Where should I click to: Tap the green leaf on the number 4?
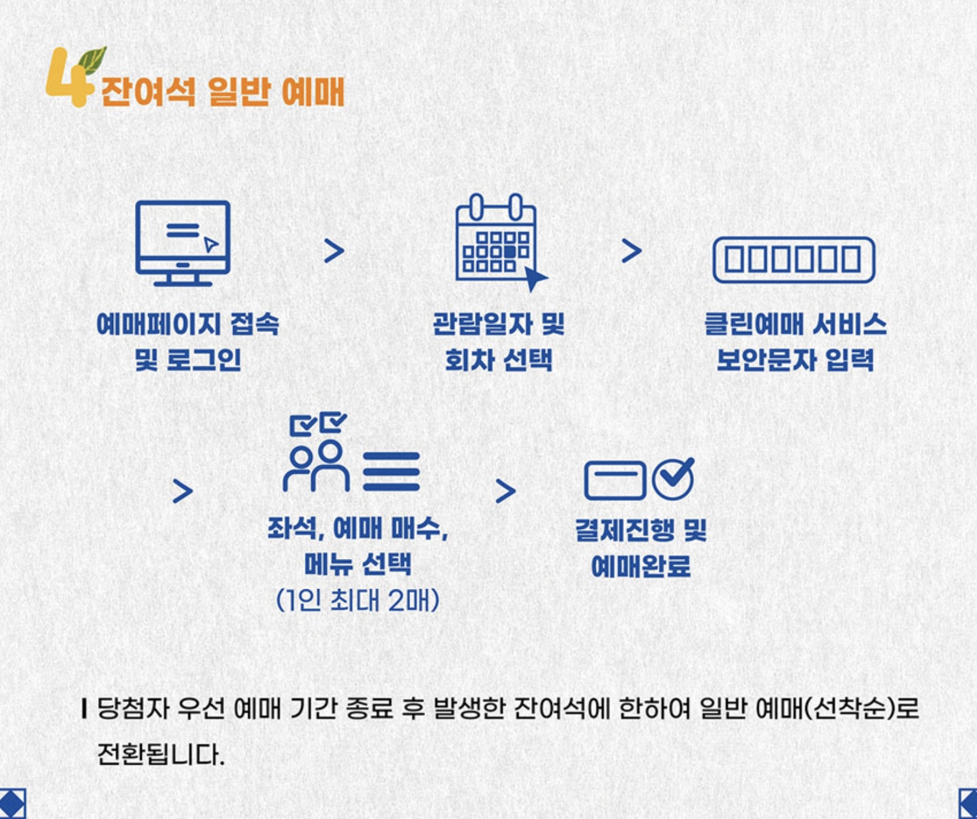(x=93, y=59)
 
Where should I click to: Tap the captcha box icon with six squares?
(x=793, y=259)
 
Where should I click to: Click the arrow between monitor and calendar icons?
(x=334, y=251)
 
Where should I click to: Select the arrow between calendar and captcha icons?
(x=632, y=251)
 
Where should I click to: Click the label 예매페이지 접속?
(x=188, y=324)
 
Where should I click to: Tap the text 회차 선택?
(x=498, y=360)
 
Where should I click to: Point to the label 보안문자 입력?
(x=794, y=360)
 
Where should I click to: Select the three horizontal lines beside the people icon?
(x=391, y=471)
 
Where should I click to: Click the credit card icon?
(x=614, y=480)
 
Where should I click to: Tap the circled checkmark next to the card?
(x=673, y=478)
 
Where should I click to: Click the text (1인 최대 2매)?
(x=357, y=600)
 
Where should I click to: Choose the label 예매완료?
(x=641, y=566)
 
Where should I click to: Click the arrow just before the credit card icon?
(x=505, y=491)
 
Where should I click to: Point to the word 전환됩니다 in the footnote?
(x=160, y=755)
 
